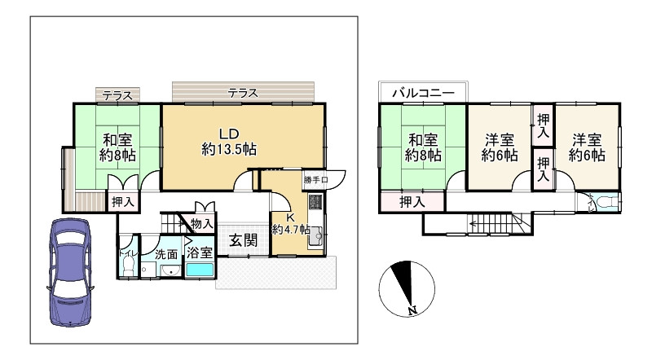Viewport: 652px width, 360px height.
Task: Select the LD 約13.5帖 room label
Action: [228, 142]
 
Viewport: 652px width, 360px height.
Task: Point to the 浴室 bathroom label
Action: [200, 252]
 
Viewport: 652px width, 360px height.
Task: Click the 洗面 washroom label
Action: [166, 254]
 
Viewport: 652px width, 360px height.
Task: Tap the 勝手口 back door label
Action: [315, 179]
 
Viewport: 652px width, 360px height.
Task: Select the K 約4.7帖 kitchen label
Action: [289, 224]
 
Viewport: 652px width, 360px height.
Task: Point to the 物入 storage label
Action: [200, 223]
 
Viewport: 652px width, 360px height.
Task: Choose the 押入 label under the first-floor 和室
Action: [124, 201]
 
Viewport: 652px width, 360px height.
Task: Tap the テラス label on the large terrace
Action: [243, 93]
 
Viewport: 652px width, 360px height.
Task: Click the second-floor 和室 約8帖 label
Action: [424, 147]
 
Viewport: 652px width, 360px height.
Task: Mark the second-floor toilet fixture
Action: [604, 203]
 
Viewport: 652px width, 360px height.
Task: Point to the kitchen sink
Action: [315, 237]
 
